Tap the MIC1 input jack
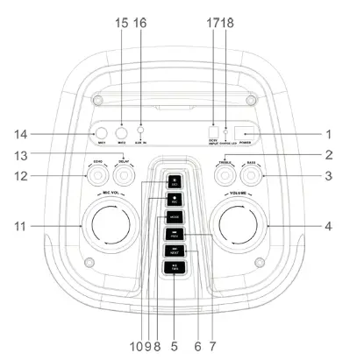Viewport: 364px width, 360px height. tap(101, 135)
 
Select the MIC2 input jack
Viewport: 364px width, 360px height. tap(121, 135)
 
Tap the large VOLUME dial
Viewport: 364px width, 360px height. tap(239, 226)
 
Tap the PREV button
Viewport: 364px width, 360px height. tap(175, 233)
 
